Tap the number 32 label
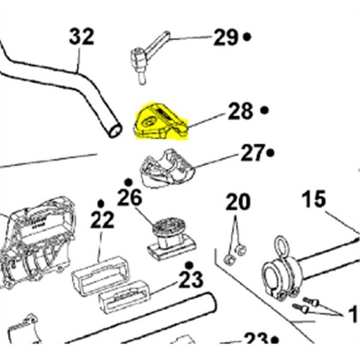[81, 36]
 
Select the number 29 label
[226, 37]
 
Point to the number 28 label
[239, 110]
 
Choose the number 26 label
[130, 198]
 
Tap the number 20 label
[237, 203]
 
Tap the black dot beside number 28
[264, 110]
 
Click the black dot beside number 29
[247, 37]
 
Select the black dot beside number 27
[271, 153]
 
